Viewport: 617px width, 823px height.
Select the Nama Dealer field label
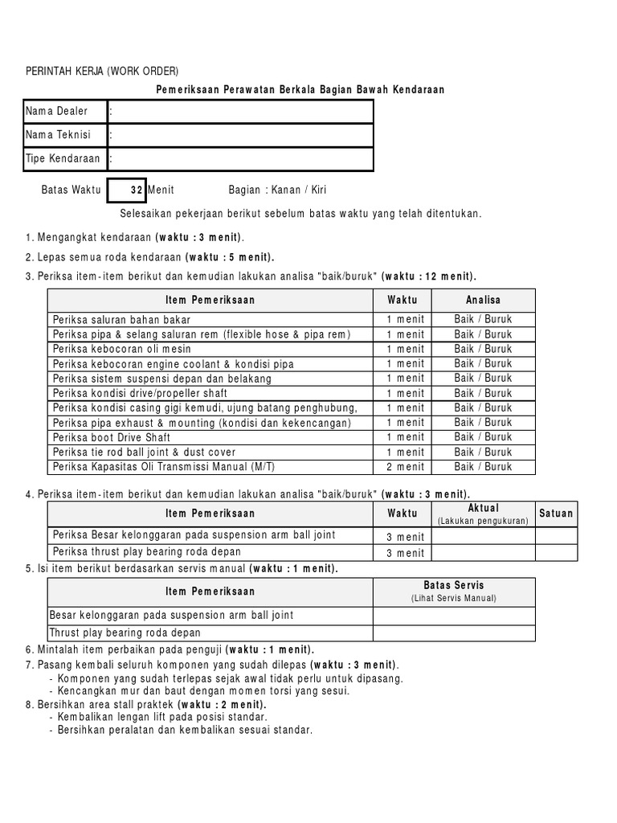(x=56, y=111)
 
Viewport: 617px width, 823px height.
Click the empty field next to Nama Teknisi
(x=241, y=135)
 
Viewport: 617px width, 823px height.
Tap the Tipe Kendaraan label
(x=63, y=158)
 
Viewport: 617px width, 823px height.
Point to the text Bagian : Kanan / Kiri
(x=277, y=190)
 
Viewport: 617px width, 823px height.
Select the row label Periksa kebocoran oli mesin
(x=121, y=349)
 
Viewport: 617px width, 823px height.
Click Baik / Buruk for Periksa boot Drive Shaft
(x=483, y=437)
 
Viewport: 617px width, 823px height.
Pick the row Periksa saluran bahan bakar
(x=116, y=319)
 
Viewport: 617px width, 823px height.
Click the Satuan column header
(x=557, y=513)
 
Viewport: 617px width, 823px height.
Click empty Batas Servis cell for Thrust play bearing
(x=454, y=633)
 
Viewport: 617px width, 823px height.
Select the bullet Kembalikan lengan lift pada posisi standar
(x=161, y=716)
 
